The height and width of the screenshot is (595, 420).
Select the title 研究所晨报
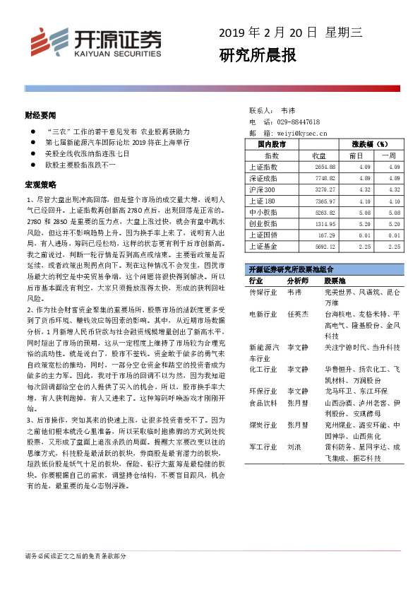point(258,55)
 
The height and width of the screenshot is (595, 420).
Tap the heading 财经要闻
point(40,114)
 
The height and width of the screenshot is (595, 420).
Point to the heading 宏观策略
point(40,185)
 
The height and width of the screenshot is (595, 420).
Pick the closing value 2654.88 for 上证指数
point(330,167)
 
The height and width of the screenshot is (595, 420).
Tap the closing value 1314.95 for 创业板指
point(330,223)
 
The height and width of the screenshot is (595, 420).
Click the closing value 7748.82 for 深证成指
point(330,179)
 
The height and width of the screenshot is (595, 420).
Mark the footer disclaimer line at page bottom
point(76,556)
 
